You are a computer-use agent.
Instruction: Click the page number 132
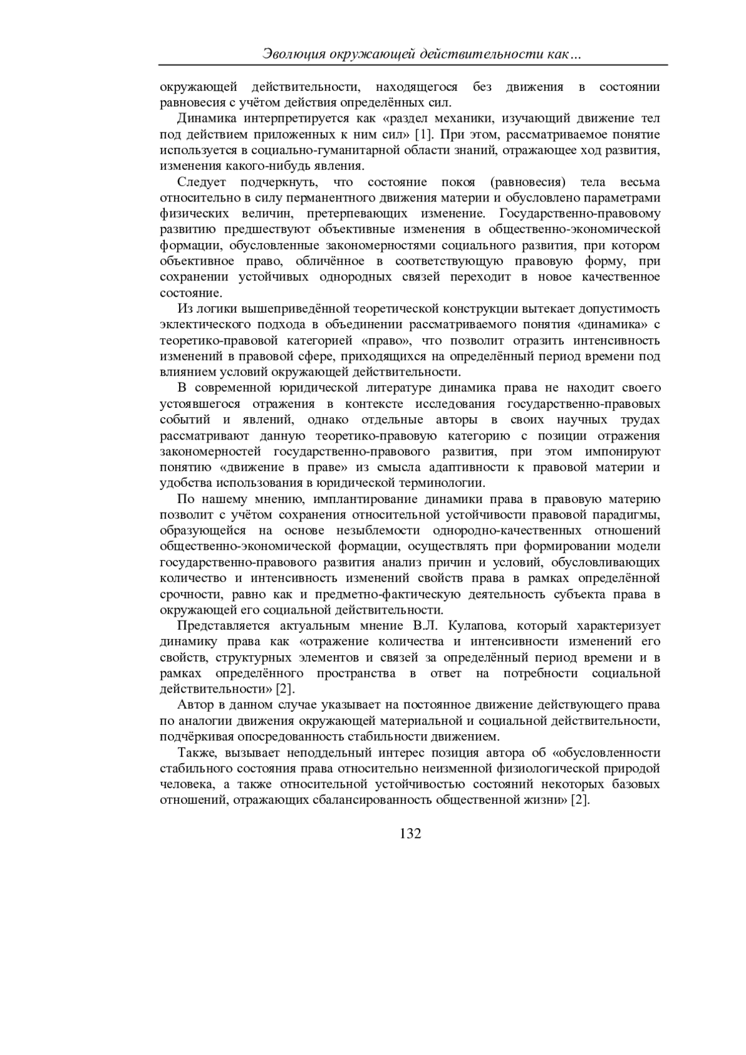(410, 833)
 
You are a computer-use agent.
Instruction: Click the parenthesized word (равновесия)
(528, 182)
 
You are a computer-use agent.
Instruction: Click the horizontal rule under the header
(413, 65)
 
